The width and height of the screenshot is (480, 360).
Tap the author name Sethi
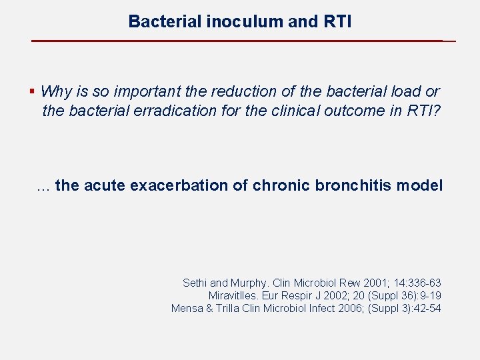point(195,283)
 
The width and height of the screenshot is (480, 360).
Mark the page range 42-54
point(427,308)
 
